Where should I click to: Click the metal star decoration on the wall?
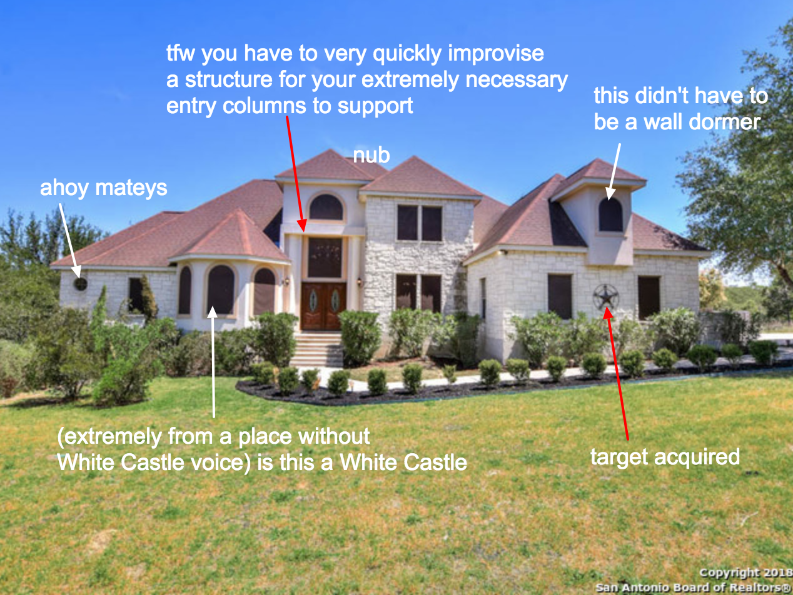606,297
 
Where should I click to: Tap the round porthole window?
80,284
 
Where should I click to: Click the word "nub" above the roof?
371,155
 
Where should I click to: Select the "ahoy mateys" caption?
103,188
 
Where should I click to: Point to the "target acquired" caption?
665,457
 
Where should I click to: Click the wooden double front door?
323,306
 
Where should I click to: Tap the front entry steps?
317,349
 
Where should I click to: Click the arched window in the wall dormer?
610,214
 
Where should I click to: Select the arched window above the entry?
326,207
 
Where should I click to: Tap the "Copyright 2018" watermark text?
745,572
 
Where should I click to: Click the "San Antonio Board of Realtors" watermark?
694,587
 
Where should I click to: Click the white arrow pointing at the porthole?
70,241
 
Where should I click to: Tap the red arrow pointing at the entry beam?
296,174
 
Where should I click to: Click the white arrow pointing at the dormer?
614,172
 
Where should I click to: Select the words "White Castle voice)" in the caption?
154,462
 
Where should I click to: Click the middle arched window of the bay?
220,289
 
